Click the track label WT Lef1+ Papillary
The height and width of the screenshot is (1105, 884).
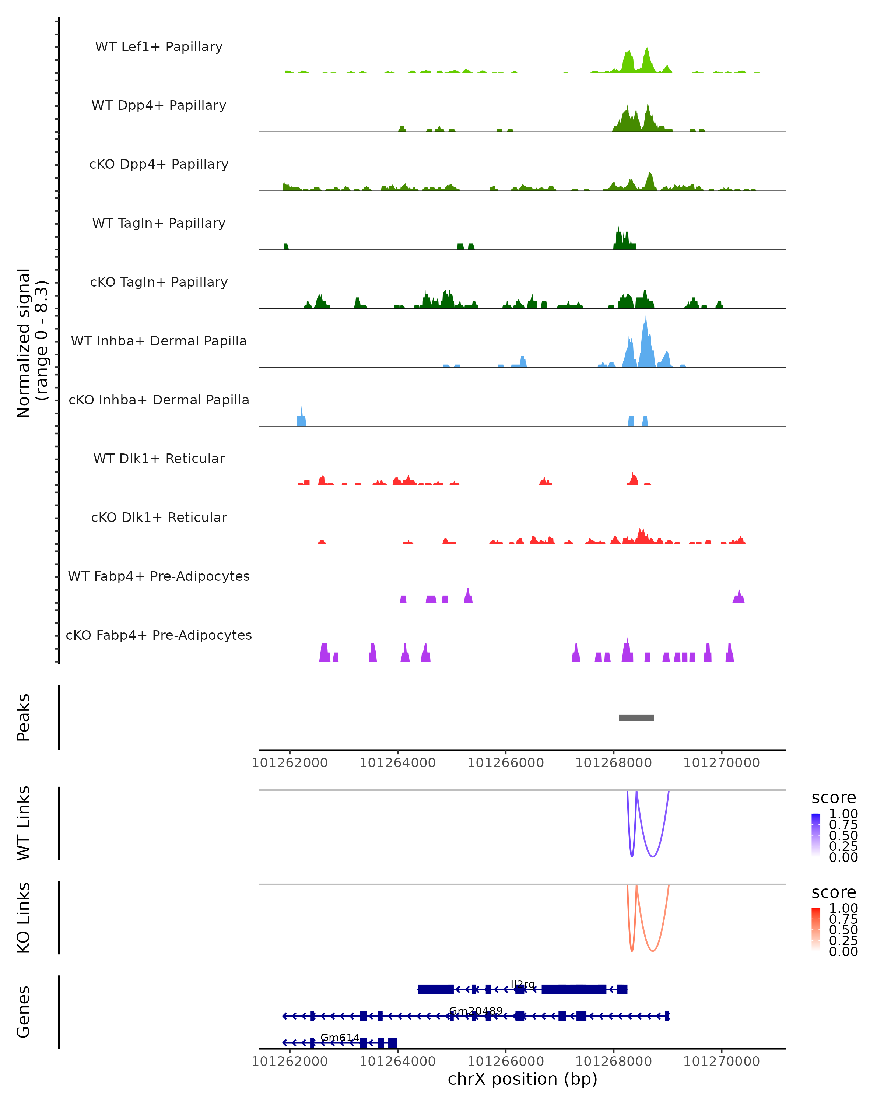(x=159, y=47)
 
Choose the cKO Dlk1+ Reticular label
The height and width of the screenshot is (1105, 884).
(x=159, y=517)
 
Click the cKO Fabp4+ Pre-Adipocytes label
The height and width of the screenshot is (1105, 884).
(x=159, y=635)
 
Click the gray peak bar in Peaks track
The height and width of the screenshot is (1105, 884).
(x=636, y=718)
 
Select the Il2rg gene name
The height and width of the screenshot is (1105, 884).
(x=523, y=984)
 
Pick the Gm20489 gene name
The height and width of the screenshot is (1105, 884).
(x=476, y=1011)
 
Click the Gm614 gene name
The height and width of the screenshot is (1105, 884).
(x=340, y=1037)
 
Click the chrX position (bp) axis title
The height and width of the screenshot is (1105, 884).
(x=522, y=1079)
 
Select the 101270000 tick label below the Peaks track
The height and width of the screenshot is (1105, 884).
(x=721, y=763)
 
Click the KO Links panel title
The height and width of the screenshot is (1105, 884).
(x=24, y=918)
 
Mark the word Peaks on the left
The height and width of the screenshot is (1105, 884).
(x=24, y=717)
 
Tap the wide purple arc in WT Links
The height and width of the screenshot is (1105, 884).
(x=652, y=856)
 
